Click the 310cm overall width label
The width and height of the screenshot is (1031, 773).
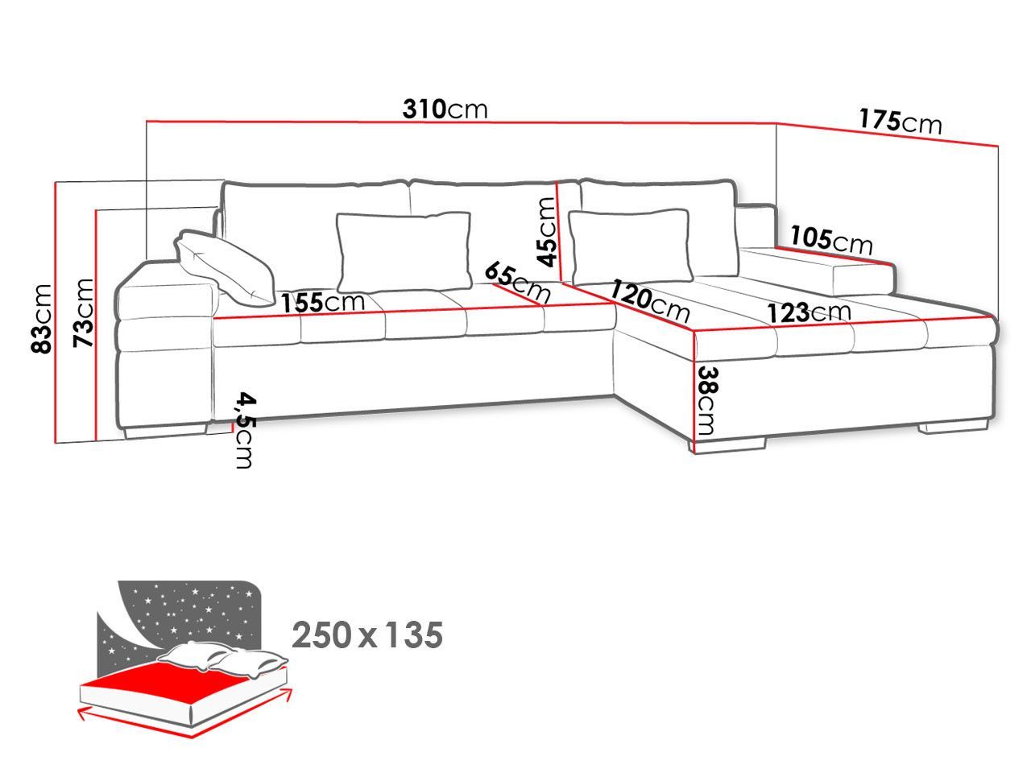445,109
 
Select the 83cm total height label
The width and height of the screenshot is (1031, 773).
41,319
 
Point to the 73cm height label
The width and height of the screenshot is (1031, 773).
84,313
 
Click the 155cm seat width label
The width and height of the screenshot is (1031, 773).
323,302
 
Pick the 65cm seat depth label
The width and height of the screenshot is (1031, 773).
517,283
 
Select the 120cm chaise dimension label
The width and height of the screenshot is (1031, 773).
649,300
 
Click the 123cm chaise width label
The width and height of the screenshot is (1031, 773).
809,312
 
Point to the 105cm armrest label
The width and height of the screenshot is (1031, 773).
831,240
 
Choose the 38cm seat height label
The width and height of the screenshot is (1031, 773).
708,400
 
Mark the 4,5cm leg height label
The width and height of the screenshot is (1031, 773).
246,430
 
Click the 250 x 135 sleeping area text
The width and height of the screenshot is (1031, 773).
367,635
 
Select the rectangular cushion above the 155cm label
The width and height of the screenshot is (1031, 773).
404,252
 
